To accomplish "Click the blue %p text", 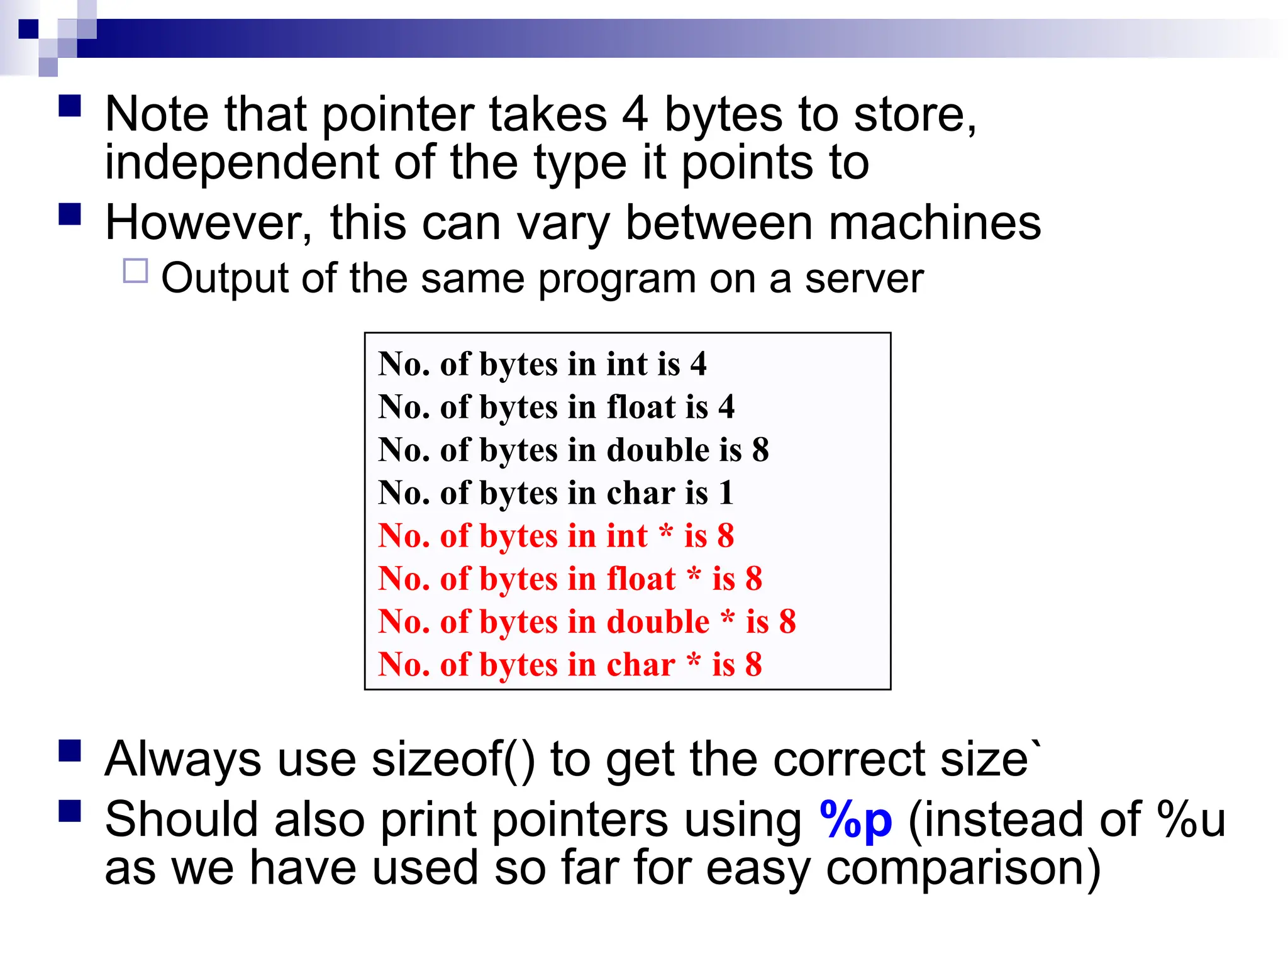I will [x=856, y=819].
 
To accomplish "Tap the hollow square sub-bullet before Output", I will [x=135, y=271].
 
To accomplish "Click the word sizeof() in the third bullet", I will [x=453, y=759].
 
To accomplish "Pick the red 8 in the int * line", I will [x=725, y=536].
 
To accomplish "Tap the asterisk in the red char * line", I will [x=694, y=660].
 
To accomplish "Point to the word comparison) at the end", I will [x=963, y=869].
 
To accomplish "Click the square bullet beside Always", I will [x=70, y=751].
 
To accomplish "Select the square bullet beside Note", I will [x=70, y=106].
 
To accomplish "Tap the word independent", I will [x=241, y=162].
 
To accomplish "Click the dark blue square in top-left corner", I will [x=28, y=29].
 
